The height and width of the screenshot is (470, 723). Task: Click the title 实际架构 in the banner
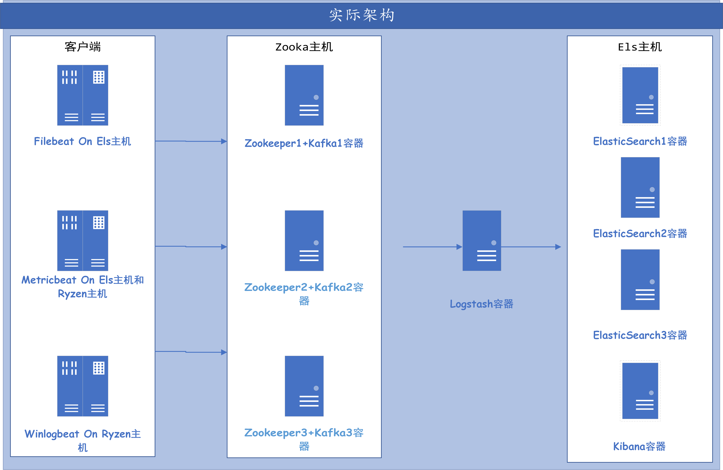tap(361, 15)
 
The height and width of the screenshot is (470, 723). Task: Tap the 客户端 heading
tap(83, 47)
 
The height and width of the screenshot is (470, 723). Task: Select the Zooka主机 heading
tap(304, 47)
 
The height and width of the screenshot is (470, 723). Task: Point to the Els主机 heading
tap(640, 47)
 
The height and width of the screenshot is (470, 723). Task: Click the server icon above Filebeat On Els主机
tap(83, 95)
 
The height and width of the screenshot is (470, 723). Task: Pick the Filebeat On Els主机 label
tap(83, 141)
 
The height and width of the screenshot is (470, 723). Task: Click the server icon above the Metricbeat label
tap(83, 240)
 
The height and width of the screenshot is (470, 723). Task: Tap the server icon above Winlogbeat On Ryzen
tap(83, 386)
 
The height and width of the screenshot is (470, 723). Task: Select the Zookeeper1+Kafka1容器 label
tap(304, 143)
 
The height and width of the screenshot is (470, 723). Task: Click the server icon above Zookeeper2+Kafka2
tap(304, 240)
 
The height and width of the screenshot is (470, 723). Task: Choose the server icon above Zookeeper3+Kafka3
tap(304, 386)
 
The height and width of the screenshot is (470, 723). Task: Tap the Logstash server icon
tap(481, 240)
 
